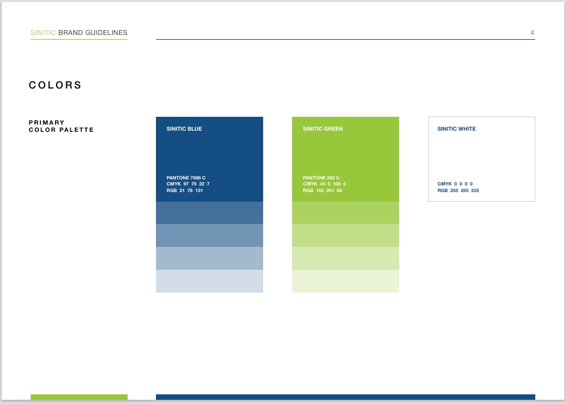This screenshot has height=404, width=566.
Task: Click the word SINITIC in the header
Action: pos(43,33)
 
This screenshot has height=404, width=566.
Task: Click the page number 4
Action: pos(532,33)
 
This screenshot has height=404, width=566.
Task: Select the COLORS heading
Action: pos(55,85)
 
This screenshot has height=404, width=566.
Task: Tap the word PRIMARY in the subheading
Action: pos(46,122)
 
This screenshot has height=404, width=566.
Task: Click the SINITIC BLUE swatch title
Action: pos(184,129)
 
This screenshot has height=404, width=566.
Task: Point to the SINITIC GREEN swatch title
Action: pos(323,129)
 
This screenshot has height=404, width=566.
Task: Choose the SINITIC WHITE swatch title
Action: pos(456,129)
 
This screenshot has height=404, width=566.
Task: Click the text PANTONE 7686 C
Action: pos(186,178)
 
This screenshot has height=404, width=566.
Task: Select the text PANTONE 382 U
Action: pos(321,178)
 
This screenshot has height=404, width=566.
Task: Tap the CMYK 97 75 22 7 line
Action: pos(188,184)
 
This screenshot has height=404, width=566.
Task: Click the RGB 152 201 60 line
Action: pos(322,190)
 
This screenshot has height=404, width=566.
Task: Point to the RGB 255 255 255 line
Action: pos(458,190)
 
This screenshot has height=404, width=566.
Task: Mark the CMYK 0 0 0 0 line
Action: pos(455,184)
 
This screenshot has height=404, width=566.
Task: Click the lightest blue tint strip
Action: pos(210,281)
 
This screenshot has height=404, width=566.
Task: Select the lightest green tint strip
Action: pos(346,281)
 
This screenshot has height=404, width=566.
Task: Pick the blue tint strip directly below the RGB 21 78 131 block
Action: pos(210,213)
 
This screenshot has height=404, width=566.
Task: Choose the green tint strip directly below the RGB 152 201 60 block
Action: pos(346,213)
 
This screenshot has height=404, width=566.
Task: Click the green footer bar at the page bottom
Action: pos(79,397)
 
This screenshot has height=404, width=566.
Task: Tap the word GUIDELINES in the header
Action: pos(106,33)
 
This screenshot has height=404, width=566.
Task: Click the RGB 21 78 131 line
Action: pos(184,190)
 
